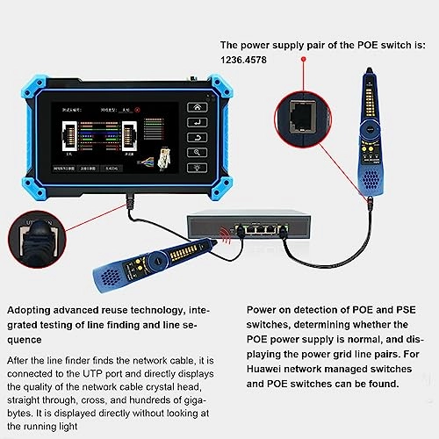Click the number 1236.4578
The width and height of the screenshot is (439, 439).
pyautogui.click(x=249, y=61)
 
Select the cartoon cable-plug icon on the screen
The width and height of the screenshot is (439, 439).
pyautogui.click(x=161, y=140)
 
